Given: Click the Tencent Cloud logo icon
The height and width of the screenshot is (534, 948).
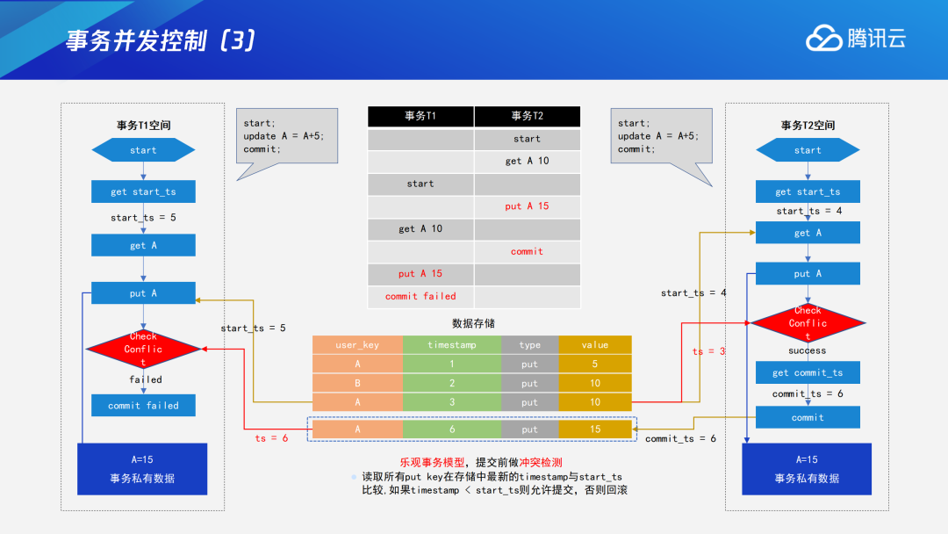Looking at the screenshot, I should coord(824,39).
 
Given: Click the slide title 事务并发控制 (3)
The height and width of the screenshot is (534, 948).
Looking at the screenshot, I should coord(161,41).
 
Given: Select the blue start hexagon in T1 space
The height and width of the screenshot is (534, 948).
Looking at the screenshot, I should coord(143,150).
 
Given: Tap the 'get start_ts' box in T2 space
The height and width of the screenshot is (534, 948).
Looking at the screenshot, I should coord(808,191).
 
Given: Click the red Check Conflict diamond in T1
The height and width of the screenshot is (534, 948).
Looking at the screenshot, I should coord(143,350).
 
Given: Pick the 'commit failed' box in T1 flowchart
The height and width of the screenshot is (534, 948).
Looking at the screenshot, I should coord(143,406).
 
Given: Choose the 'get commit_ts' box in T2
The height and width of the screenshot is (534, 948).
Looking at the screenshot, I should coord(808,372).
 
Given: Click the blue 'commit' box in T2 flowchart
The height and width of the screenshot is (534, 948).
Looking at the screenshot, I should coord(808,417).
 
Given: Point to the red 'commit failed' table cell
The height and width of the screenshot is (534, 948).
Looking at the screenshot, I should coord(420,297).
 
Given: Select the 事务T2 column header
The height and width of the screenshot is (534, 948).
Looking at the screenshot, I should coord(527,116).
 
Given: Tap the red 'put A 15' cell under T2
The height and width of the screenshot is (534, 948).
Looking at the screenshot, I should coord(527,206).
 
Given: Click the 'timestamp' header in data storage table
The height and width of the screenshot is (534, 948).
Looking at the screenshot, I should coord(452,345).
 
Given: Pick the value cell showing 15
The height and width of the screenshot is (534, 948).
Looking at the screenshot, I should coord(595,429).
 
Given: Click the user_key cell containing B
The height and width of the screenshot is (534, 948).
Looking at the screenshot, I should coord(357,383).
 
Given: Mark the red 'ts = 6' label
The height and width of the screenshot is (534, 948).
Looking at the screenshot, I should coord(272,438).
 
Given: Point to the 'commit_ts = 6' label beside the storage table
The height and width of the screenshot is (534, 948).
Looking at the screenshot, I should coord(680,438).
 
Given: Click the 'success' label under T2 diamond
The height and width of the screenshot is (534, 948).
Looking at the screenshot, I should coord(807,350).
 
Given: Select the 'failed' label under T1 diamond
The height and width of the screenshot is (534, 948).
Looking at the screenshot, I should coord(145,379).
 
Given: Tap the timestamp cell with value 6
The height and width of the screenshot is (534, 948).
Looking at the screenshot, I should coord(452,429).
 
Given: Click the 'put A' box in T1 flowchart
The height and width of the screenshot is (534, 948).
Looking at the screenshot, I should coord(143,293).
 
